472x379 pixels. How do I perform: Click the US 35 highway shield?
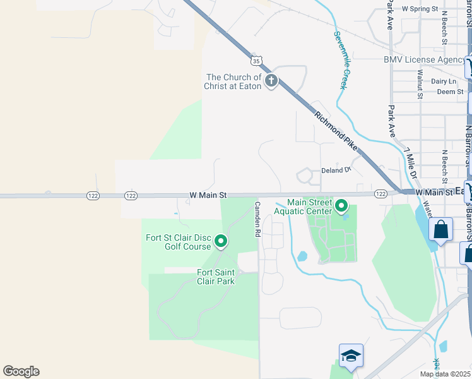[255, 61]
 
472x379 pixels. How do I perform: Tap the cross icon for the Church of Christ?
[271, 81]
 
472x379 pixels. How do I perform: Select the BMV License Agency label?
[424, 59]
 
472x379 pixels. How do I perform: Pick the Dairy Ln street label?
[444, 81]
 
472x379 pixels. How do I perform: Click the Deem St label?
[451, 92]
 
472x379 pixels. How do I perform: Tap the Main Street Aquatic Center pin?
[341, 206]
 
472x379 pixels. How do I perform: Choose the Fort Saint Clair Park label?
[216, 277]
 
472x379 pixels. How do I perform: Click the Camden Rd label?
[257, 219]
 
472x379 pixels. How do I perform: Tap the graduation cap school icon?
[351, 356]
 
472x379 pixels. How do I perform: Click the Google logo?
[21, 371]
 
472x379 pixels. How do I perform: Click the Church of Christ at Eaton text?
[232, 81]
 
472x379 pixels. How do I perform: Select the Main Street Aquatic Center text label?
[309, 207]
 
